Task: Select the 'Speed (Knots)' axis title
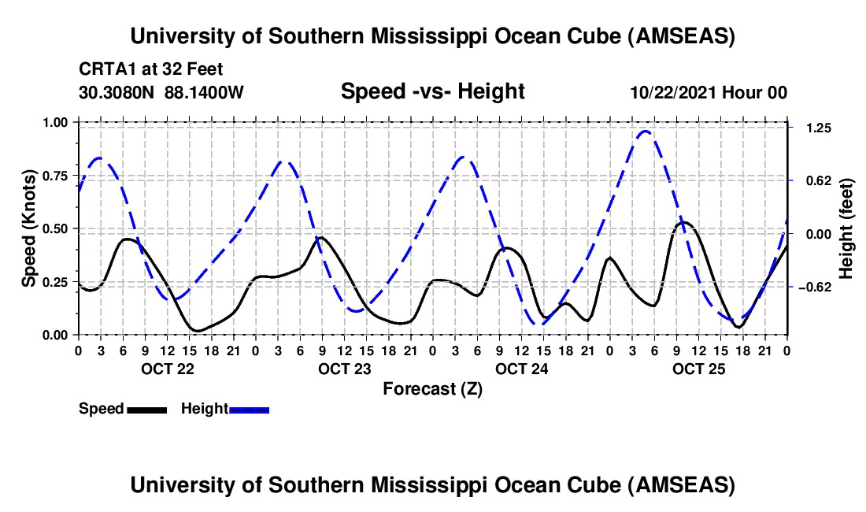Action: coord(28,228)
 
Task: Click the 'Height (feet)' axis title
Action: coord(846,228)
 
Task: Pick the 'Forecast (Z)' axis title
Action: coord(432,388)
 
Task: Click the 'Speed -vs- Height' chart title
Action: coord(432,91)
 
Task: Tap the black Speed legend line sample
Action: coord(146,409)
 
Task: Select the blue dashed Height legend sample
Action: coord(249,409)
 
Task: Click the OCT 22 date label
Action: coord(167,368)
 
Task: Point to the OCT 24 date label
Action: coord(521,368)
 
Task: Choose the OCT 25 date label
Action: coord(698,368)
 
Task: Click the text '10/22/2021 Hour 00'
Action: coord(709,93)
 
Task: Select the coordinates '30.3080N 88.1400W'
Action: coord(161,93)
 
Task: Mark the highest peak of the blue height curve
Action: coord(646,131)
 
